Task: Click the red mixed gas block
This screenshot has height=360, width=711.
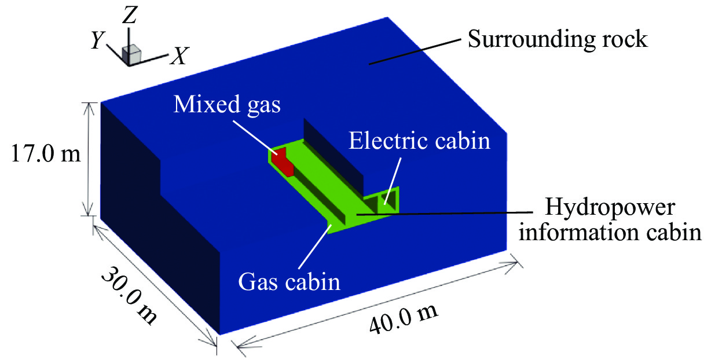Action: [x=284, y=161]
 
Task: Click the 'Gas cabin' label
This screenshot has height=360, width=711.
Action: [x=289, y=283]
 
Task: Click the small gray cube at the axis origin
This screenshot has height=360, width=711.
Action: [x=133, y=54]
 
